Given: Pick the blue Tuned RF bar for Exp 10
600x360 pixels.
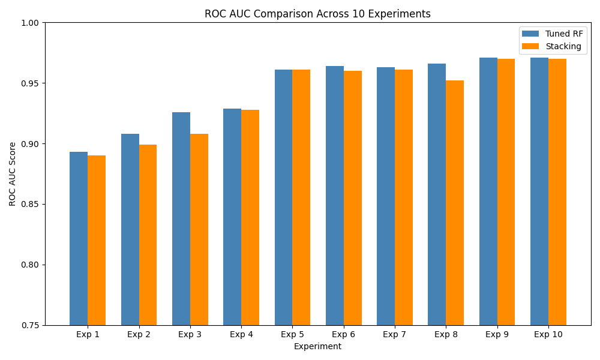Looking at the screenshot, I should coord(539,191).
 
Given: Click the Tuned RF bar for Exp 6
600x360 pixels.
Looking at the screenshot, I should coord(335,196).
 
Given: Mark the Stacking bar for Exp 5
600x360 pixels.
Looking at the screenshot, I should coord(301,197).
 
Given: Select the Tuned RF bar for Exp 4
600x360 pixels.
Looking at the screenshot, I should coord(232,217).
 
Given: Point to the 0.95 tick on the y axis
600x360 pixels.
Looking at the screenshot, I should coord(30,83).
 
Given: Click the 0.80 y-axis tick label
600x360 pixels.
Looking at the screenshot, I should coord(30,265).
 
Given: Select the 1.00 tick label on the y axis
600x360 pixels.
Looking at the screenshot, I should coord(30,23).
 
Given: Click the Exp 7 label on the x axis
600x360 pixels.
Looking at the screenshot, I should coord(395,334).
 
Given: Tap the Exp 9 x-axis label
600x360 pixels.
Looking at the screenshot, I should coord(497,334).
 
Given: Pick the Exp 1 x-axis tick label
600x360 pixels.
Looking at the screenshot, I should coord(88,334).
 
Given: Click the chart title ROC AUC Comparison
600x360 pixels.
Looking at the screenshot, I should coord(317,14).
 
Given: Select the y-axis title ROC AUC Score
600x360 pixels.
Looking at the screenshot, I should coord(13,174).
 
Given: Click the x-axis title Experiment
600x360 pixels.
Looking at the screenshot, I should coord(317,346).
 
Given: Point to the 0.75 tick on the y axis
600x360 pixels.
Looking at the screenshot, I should coord(30,325).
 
